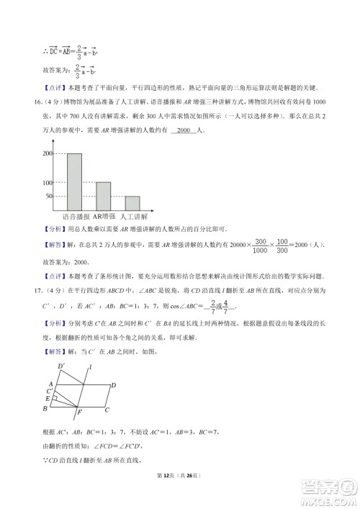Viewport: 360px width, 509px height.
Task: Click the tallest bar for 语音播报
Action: tap(74, 181)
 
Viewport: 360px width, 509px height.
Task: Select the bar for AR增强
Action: tap(103, 195)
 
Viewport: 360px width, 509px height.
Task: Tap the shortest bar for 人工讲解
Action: tap(132, 202)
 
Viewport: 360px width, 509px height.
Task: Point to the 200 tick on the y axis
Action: tap(48, 153)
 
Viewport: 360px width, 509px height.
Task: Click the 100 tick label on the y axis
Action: tap(48, 182)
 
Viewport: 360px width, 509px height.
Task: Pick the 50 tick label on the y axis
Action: tap(50, 196)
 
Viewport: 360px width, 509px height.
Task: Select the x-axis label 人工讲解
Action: tap(133, 216)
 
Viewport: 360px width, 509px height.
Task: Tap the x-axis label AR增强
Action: tap(104, 216)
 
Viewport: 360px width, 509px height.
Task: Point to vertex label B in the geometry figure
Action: tap(45, 410)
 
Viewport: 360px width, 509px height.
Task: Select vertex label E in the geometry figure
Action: tap(48, 398)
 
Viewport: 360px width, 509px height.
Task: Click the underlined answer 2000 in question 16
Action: tap(186, 130)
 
